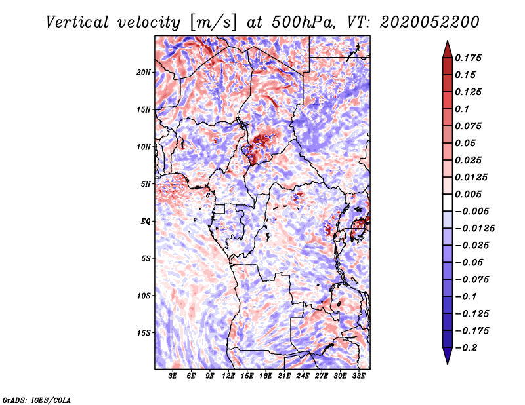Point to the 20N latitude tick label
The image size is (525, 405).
click(x=144, y=72)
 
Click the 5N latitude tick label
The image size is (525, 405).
click(x=146, y=184)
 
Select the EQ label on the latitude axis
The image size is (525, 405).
click(x=146, y=222)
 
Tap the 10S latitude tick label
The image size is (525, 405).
click(x=144, y=296)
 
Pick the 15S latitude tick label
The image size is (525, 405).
click(x=144, y=333)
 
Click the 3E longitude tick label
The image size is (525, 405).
click(x=173, y=376)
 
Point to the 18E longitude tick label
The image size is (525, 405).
click(x=266, y=376)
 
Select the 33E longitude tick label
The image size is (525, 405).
click(x=358, y=376)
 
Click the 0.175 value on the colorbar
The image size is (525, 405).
click(x=471, y=58)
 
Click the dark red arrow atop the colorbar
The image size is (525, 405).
click(x=446, y=47)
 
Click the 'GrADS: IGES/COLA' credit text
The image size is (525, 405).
click(x=36, y=399)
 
